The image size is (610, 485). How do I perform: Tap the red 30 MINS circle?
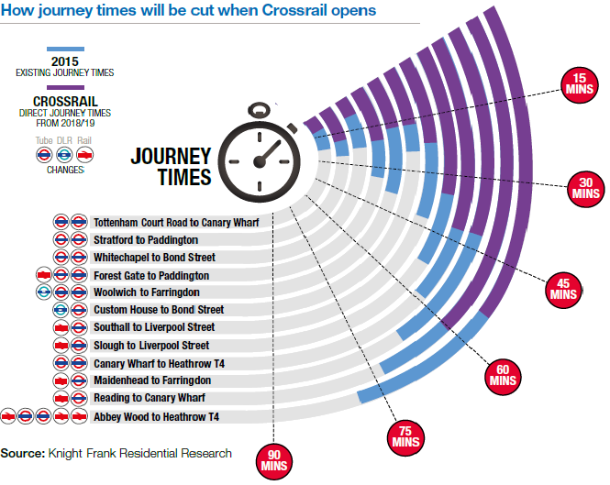(584, 188)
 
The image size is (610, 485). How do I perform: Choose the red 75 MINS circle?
(405, 435)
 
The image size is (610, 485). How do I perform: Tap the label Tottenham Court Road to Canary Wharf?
(176, 222)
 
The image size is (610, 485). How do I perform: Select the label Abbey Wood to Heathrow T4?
(156, 416)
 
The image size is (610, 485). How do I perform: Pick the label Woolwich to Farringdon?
(146, 292)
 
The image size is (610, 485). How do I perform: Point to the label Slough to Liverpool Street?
(151, 346)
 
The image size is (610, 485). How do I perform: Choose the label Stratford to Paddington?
(145, 239)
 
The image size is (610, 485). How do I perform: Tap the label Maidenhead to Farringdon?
(152, 380)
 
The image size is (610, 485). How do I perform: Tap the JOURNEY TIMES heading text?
(171, 166)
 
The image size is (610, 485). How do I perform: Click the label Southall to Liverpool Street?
(154, 327)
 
